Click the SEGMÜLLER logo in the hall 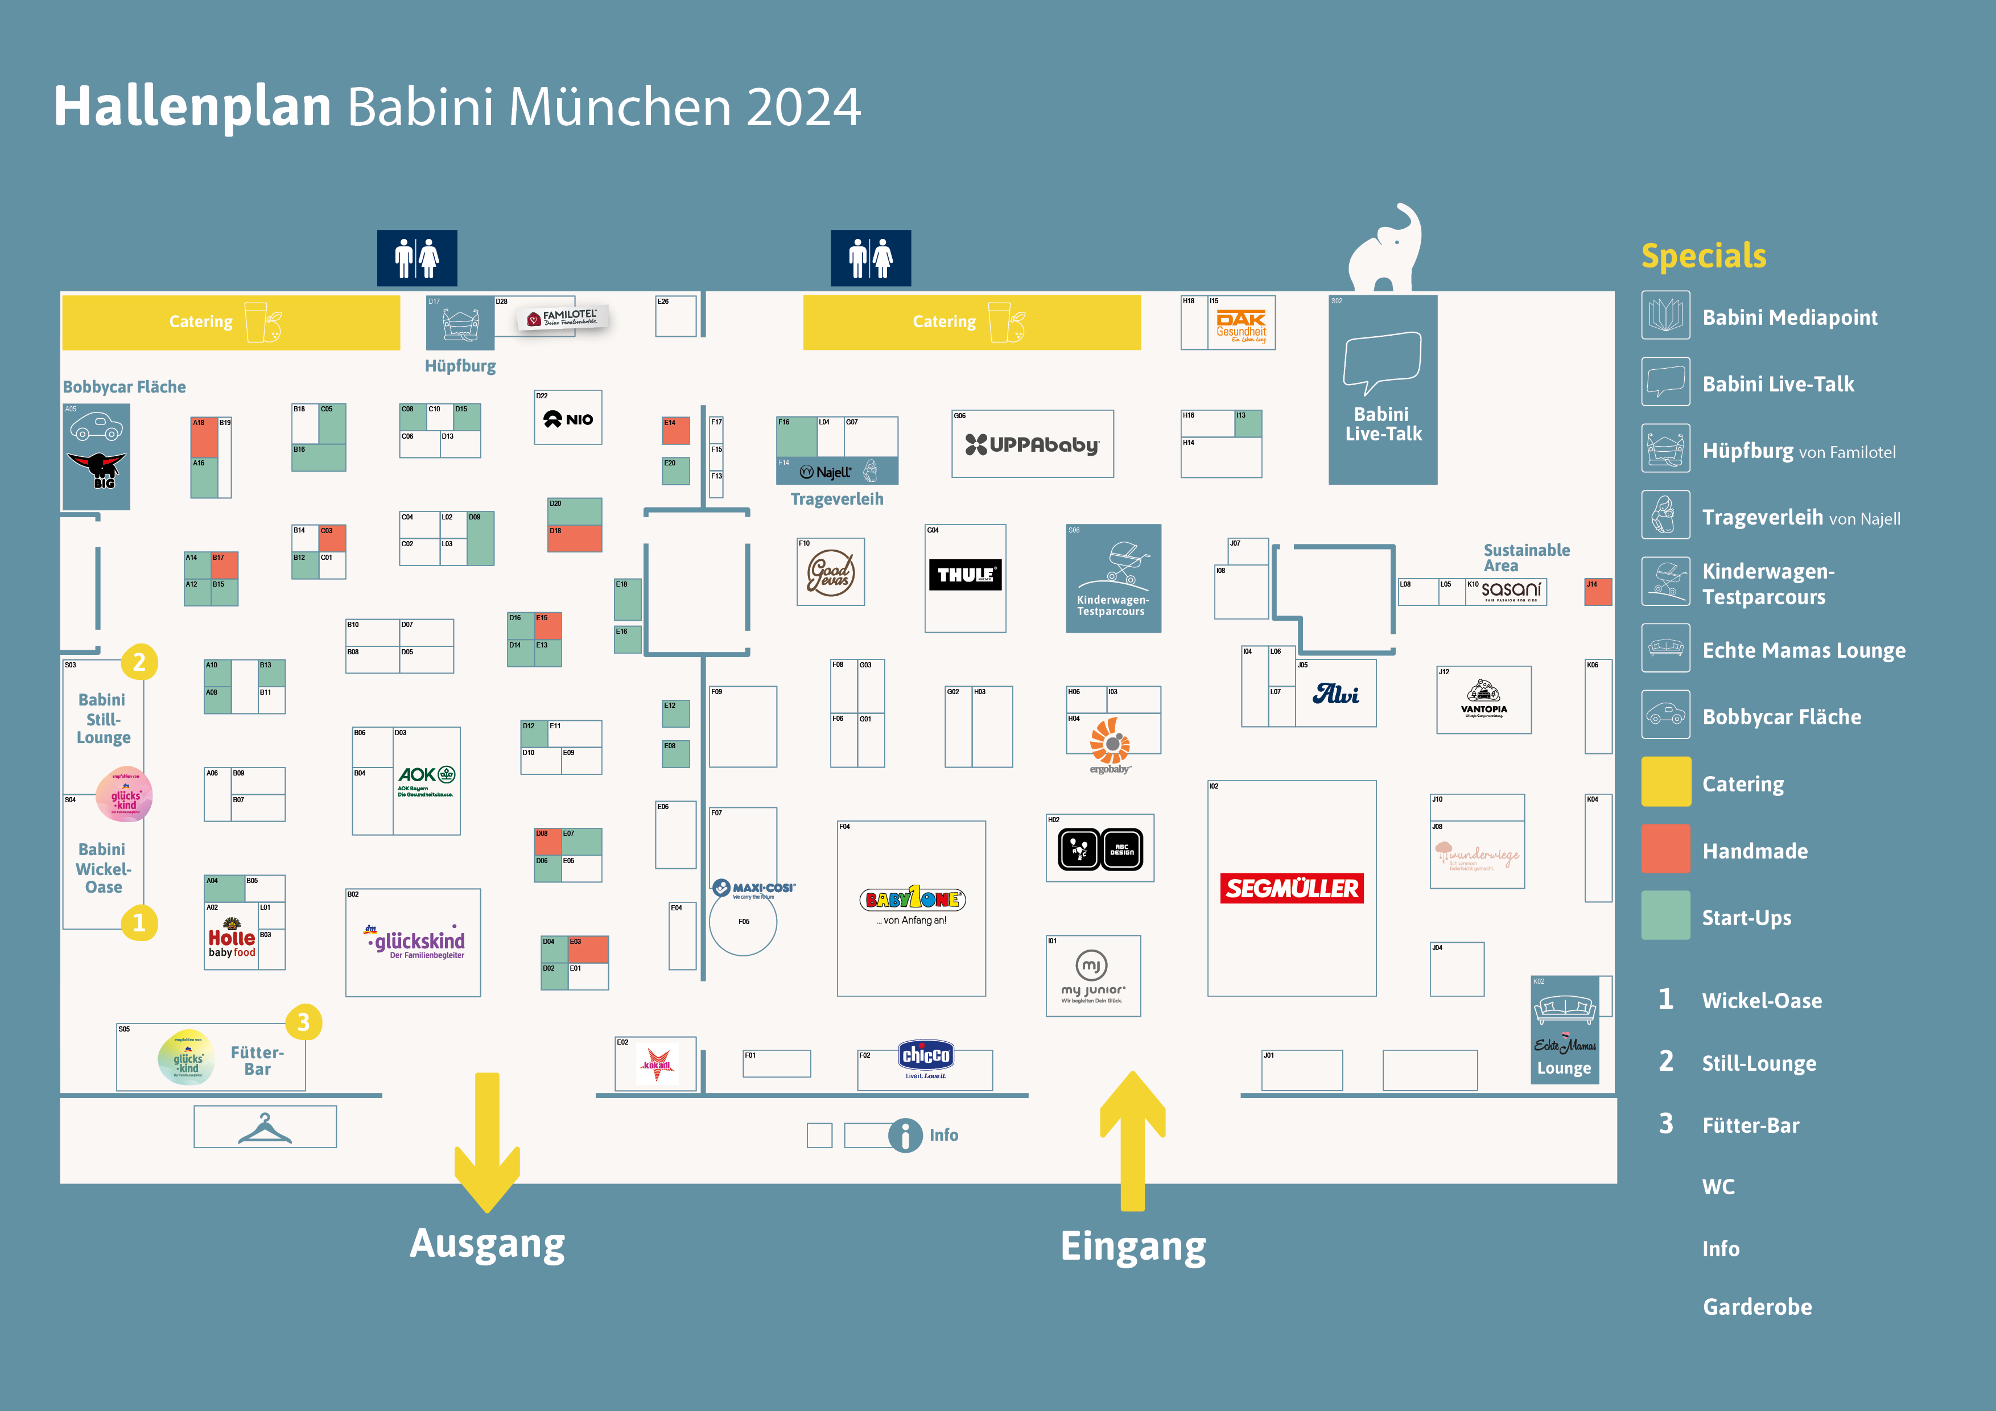pyautogui.click(x=1291, y=888)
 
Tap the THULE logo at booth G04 pyautogui.click(x=965, y=575)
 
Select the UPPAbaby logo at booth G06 pyautogui.click(x=1032, y=444)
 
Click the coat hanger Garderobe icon pyautogui.click(x=265, y=1128)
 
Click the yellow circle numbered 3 pyautogui.click(x=303, y=1022)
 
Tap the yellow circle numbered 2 pyautogui.click(x=139, y=662)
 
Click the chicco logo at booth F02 pyautogui.click(x=926, y=1057)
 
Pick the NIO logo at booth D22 pyautogui.click(x=568, y=419)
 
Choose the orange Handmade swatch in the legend pyautogui.click(x=1665, y=849)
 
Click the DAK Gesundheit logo pyautogui.click(x=1240, y=325)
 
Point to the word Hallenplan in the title pyautogui.click(x=192, y=107)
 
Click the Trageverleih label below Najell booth pyautogui.click(x=836, y=499)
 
